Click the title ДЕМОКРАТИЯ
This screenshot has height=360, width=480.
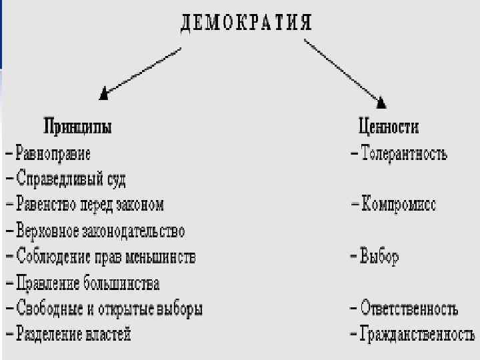(246, 21)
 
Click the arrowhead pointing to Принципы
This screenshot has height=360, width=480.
(104, 94)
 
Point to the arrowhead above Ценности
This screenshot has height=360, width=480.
(381, 101)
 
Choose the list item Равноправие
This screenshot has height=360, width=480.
(53, 153)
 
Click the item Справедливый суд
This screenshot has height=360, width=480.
(71, 179)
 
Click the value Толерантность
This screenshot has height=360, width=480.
(404, 154)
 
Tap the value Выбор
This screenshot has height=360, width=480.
(379, 257)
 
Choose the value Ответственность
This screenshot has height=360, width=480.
(409, 309)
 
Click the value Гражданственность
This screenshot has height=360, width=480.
(417, 335)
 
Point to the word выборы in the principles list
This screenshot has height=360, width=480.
(179, 309)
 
